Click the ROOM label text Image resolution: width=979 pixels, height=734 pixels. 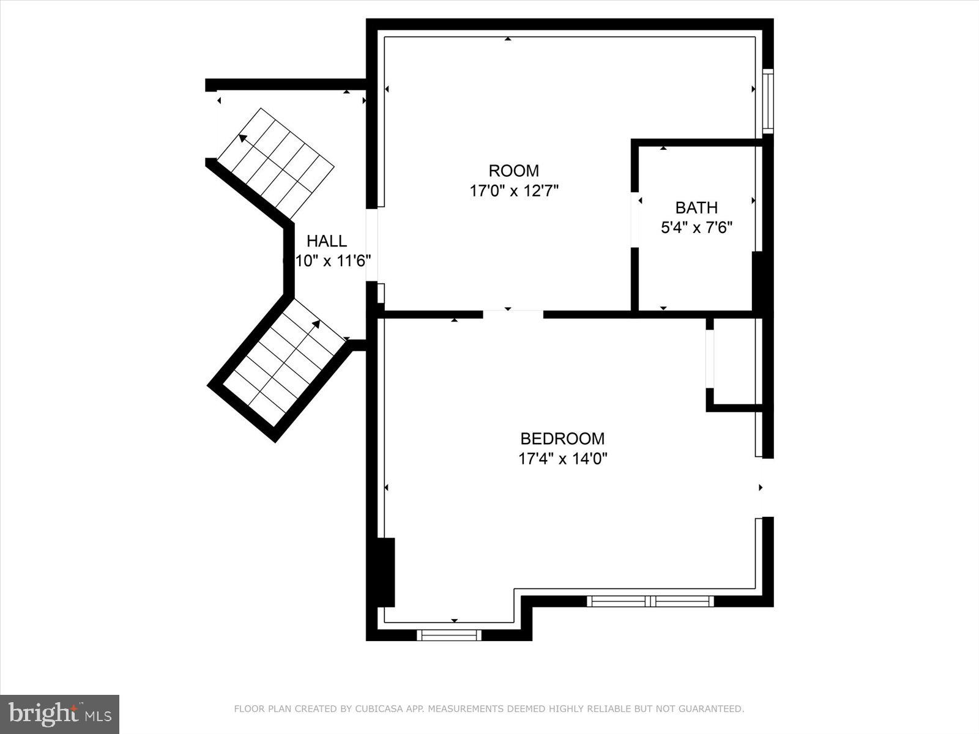[x=513, y=171]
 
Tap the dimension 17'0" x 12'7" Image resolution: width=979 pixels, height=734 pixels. [x=513, y=191]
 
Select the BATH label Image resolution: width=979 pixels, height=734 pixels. [x=696, y=207]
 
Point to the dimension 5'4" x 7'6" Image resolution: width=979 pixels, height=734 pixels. [x=696, y=228]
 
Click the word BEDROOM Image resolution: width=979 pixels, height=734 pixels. [x=562, y=439]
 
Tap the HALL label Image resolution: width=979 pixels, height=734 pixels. [x=327, y=241]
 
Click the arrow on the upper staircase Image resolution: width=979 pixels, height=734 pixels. [x=244, y=138]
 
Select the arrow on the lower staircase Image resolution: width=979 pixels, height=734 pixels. [x=316, y=324]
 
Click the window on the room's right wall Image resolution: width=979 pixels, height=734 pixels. [x=767, y=101]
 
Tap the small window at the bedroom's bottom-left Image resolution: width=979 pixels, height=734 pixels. [x=449, y=636]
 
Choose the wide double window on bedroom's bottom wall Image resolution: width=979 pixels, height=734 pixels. [x=650, y=601]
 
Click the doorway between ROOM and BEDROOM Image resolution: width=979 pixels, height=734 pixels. [x=513, y=314]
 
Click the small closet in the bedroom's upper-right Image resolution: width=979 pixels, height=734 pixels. [x=733, y=361]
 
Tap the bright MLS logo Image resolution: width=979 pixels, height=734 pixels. [x=59, y=714]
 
